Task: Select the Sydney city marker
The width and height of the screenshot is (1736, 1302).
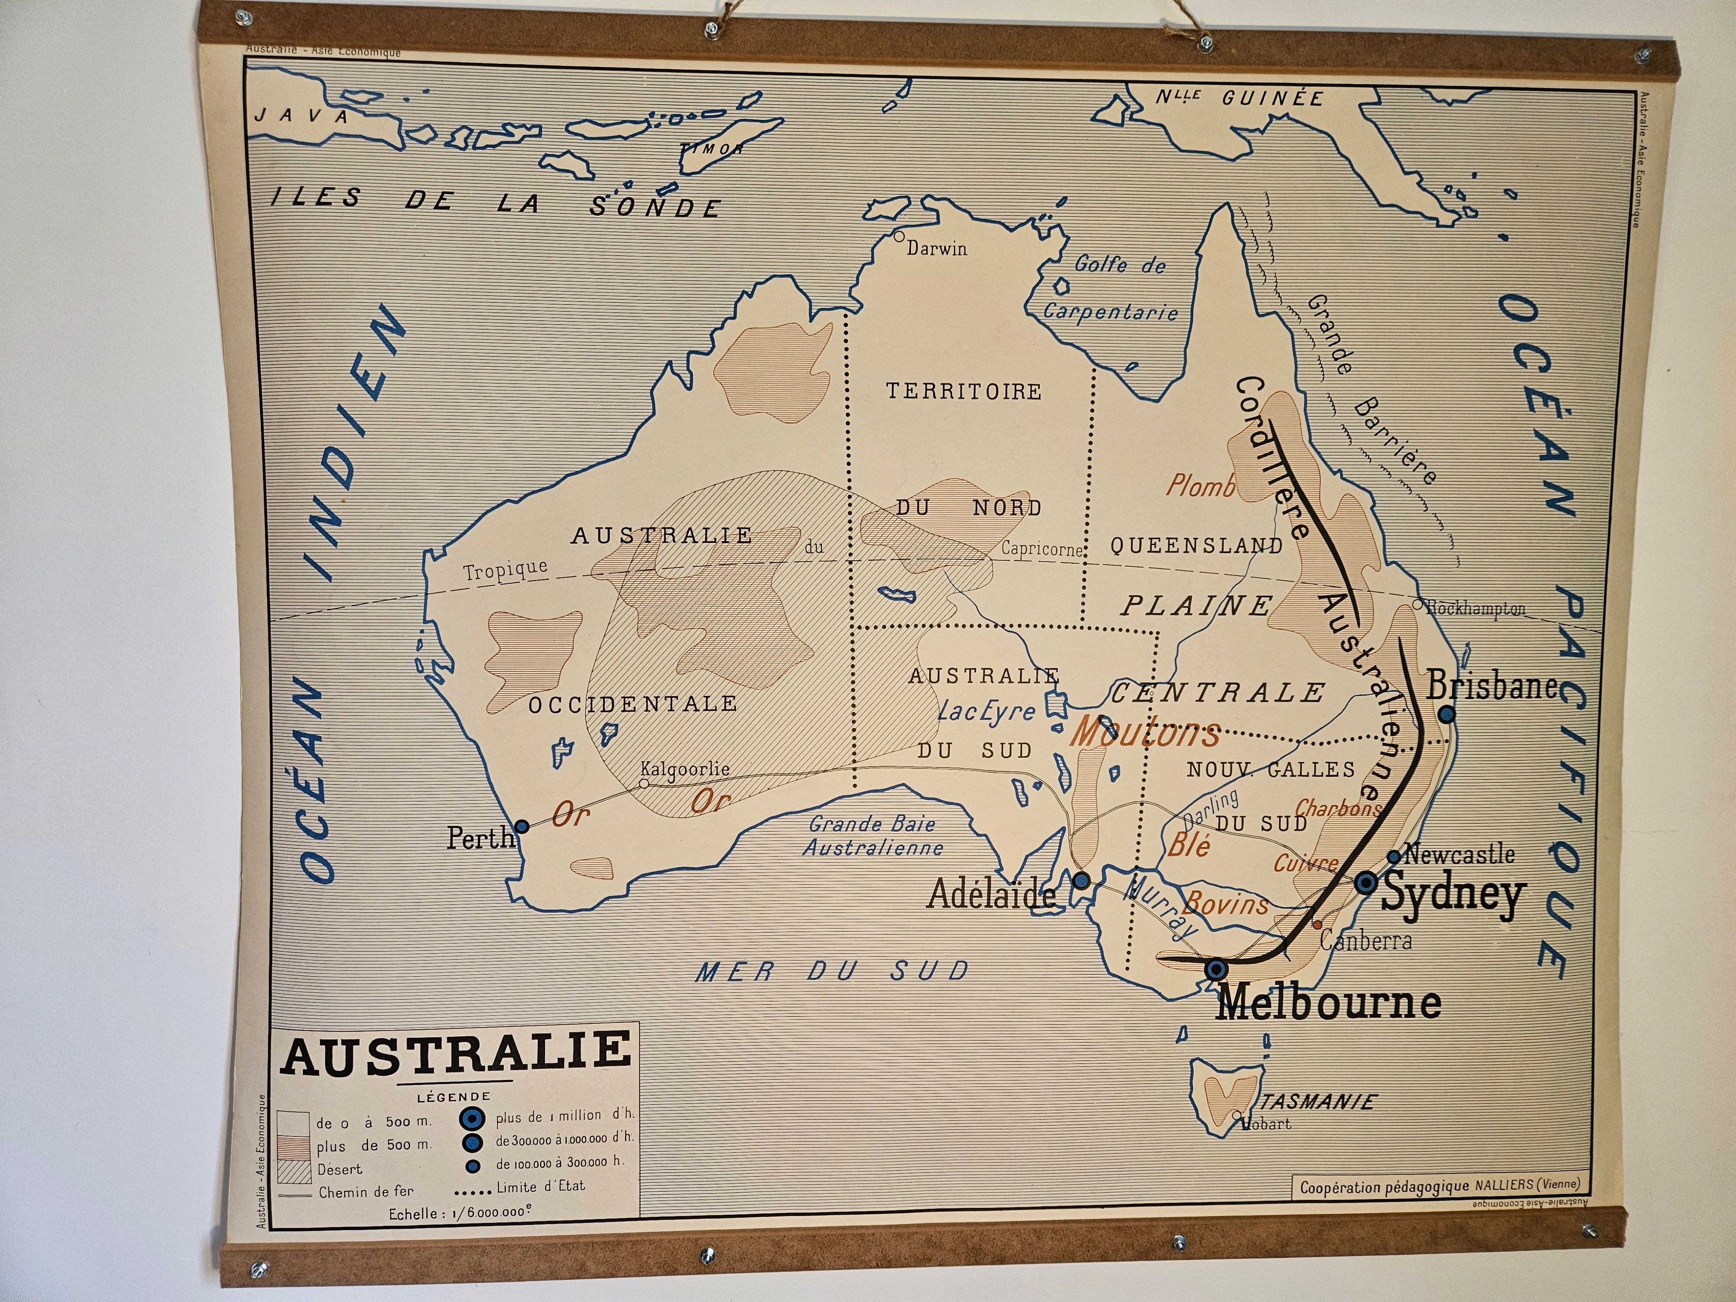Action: tap(1366, 882)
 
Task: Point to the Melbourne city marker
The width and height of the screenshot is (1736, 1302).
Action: tap(1217, 969)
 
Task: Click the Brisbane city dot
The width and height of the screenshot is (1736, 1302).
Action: tap(1447, 714)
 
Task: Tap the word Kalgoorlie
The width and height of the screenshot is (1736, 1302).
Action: tap(685, 769)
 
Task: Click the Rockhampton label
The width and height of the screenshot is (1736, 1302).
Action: tap(1476, 608)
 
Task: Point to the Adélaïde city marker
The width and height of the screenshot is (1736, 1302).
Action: tap(1082, 880)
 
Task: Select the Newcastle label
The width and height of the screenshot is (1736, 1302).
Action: tap(1459, 854)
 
